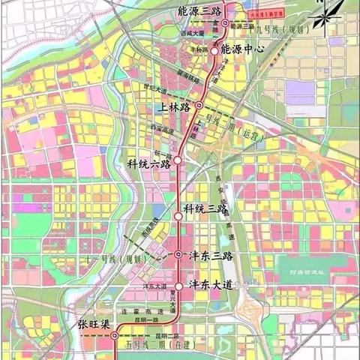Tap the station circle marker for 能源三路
(x=224, y=24)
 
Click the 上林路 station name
(x=176, y=106)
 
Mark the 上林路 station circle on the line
(x=199, y=106)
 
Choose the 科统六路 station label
(x=150, y=163)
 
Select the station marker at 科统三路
(x=178, y=215)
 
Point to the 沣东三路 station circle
(x=178, y=255)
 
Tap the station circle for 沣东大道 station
(x=178, y=285)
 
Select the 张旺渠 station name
(x=94, y=325)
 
